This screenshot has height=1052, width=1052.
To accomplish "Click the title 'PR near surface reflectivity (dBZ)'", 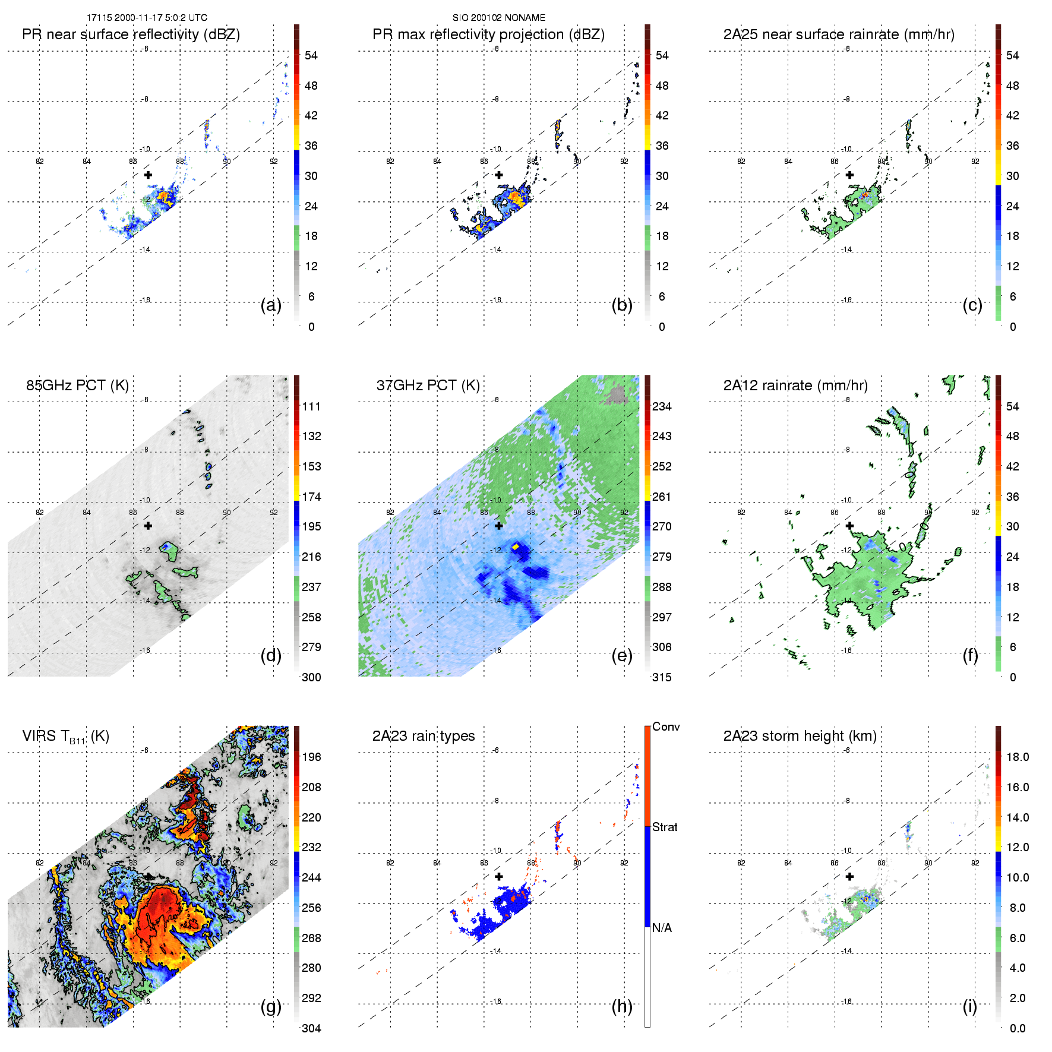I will coord(131,34).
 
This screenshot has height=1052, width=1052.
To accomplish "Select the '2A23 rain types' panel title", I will coord(423,736).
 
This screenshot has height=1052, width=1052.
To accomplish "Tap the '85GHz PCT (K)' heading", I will coord(77,386).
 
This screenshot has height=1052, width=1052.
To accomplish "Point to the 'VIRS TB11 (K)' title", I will coord(65,737).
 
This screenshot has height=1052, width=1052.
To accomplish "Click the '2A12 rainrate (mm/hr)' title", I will coord(795,386).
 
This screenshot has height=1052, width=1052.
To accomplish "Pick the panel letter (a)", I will coord(271,305).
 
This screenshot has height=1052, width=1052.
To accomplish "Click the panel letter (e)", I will coord(621,656).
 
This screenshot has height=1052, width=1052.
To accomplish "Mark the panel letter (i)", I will coord(969,1006).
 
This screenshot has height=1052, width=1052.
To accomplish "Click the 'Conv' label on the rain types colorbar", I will coord(666,726).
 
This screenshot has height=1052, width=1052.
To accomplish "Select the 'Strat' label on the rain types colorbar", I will coord(665,827).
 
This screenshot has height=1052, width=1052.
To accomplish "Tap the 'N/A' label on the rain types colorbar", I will coord(662,928).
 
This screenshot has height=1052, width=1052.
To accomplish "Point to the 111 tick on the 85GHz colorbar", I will coord(311,406).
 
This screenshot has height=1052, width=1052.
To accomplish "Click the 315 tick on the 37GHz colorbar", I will coord(662,677).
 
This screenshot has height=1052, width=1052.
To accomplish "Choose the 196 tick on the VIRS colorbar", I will coord(311,757).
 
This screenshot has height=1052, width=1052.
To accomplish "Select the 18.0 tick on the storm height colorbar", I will coord(1017,757).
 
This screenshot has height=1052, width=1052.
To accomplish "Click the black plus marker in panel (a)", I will coord(148,175).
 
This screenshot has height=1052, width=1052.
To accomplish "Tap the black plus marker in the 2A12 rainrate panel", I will coord(849,526).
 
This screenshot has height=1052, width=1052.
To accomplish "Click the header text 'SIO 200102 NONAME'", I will coord(498,18).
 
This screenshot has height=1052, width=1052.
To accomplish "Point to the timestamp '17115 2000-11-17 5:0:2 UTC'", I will coord(147,18).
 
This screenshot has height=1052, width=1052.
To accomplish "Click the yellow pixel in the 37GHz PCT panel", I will coord(516,546).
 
